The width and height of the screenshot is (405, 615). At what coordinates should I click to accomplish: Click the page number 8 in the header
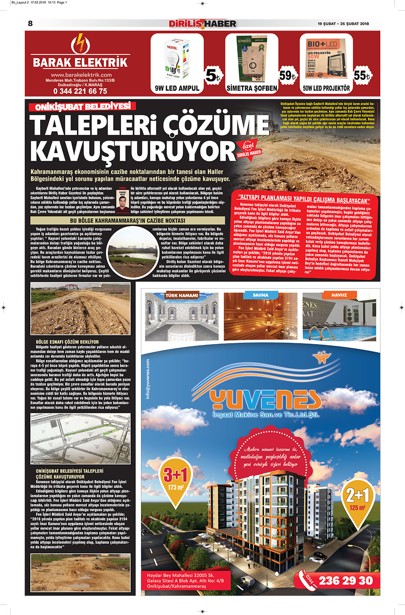pyautogui.click(x=31, y=23)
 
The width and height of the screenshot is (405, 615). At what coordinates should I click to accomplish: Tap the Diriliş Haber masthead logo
pyautogui.click(x=202, y=23)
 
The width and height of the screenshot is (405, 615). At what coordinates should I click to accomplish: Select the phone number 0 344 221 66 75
pyautogui.click(x=80, y=91)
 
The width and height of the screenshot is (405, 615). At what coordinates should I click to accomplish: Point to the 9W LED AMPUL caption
pyautogui.click(x=177, y=88)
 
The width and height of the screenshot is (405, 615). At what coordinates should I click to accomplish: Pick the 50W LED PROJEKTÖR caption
pyautogui.click(x=326, y=88)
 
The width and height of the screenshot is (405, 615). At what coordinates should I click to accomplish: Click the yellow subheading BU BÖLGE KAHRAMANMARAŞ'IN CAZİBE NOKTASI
pyautogui.click(x=127, y=221)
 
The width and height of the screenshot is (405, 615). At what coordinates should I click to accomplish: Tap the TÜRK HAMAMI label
pyautogui.click(x=182, y=295)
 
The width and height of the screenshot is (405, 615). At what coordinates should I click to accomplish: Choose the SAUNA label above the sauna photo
pyautogui.click(x=261, y=295)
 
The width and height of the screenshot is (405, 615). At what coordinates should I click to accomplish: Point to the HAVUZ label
pyautogui.click(x=339, y=295)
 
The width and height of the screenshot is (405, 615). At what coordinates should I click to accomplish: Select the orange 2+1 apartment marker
pyautogui.click(x=357, y=498)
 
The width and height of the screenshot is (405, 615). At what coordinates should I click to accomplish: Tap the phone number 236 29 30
pyautogui.click(x=346, y=581)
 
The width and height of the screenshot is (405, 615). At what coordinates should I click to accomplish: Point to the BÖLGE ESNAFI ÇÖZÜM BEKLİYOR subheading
pyautogui.click(x=67, y=342)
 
